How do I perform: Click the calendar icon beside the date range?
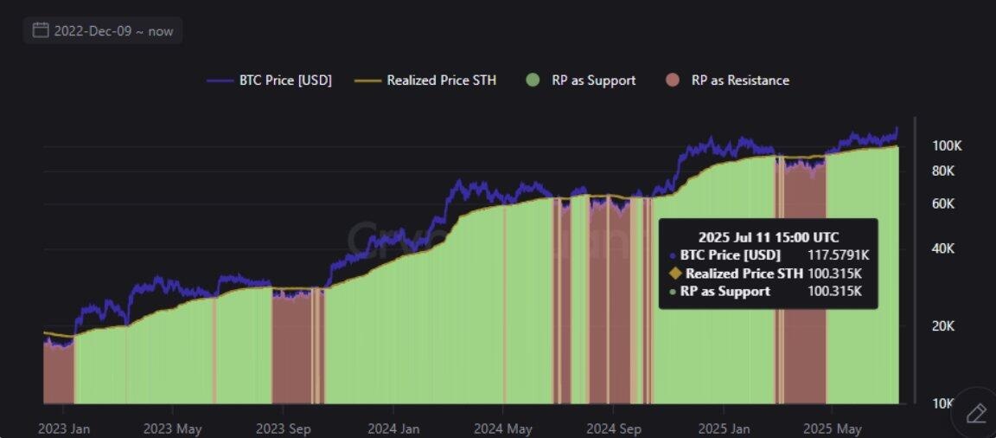click(x=40, y=30)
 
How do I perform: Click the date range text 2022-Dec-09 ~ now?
click(x=113, y=31)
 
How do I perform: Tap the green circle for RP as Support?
click(x=533, y=81)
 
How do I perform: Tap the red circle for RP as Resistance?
click(x=673, y=81)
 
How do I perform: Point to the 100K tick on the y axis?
click(x=947, y=145)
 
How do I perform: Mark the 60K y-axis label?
click(x=943, y=203)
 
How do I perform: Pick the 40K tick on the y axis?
click(x=943, y=249)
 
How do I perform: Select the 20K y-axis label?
click(x=943, y=326)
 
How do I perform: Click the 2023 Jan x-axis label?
click(x=64, y=428)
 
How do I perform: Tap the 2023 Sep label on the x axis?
click(x=283, y=428)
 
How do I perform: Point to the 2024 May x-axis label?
click(x=503, y=428)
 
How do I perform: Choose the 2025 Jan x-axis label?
click(x=724, y=428)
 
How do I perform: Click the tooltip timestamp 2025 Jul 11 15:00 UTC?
click(x=768, y=236)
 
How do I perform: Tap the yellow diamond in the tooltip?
click(x=676, y=274)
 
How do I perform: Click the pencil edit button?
click(x=976, y=413)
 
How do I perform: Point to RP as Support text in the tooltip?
click(x=725, y=292)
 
